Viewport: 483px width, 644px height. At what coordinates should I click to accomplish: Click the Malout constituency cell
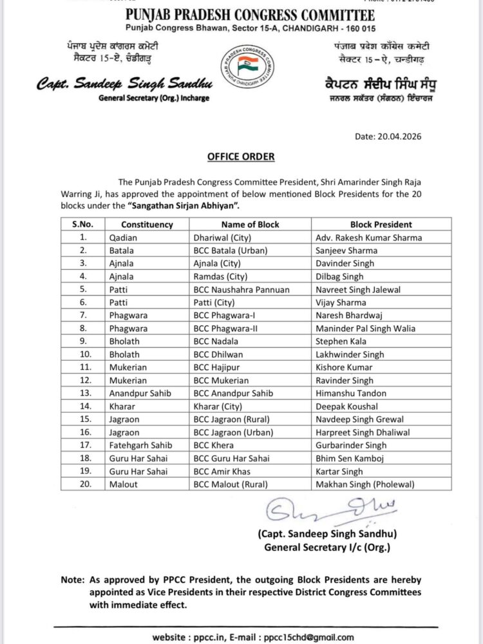pyautogui.click(x=122, y=484)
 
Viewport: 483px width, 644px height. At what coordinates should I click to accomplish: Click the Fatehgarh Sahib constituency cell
pyautogui.click(x=137, y=445)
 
